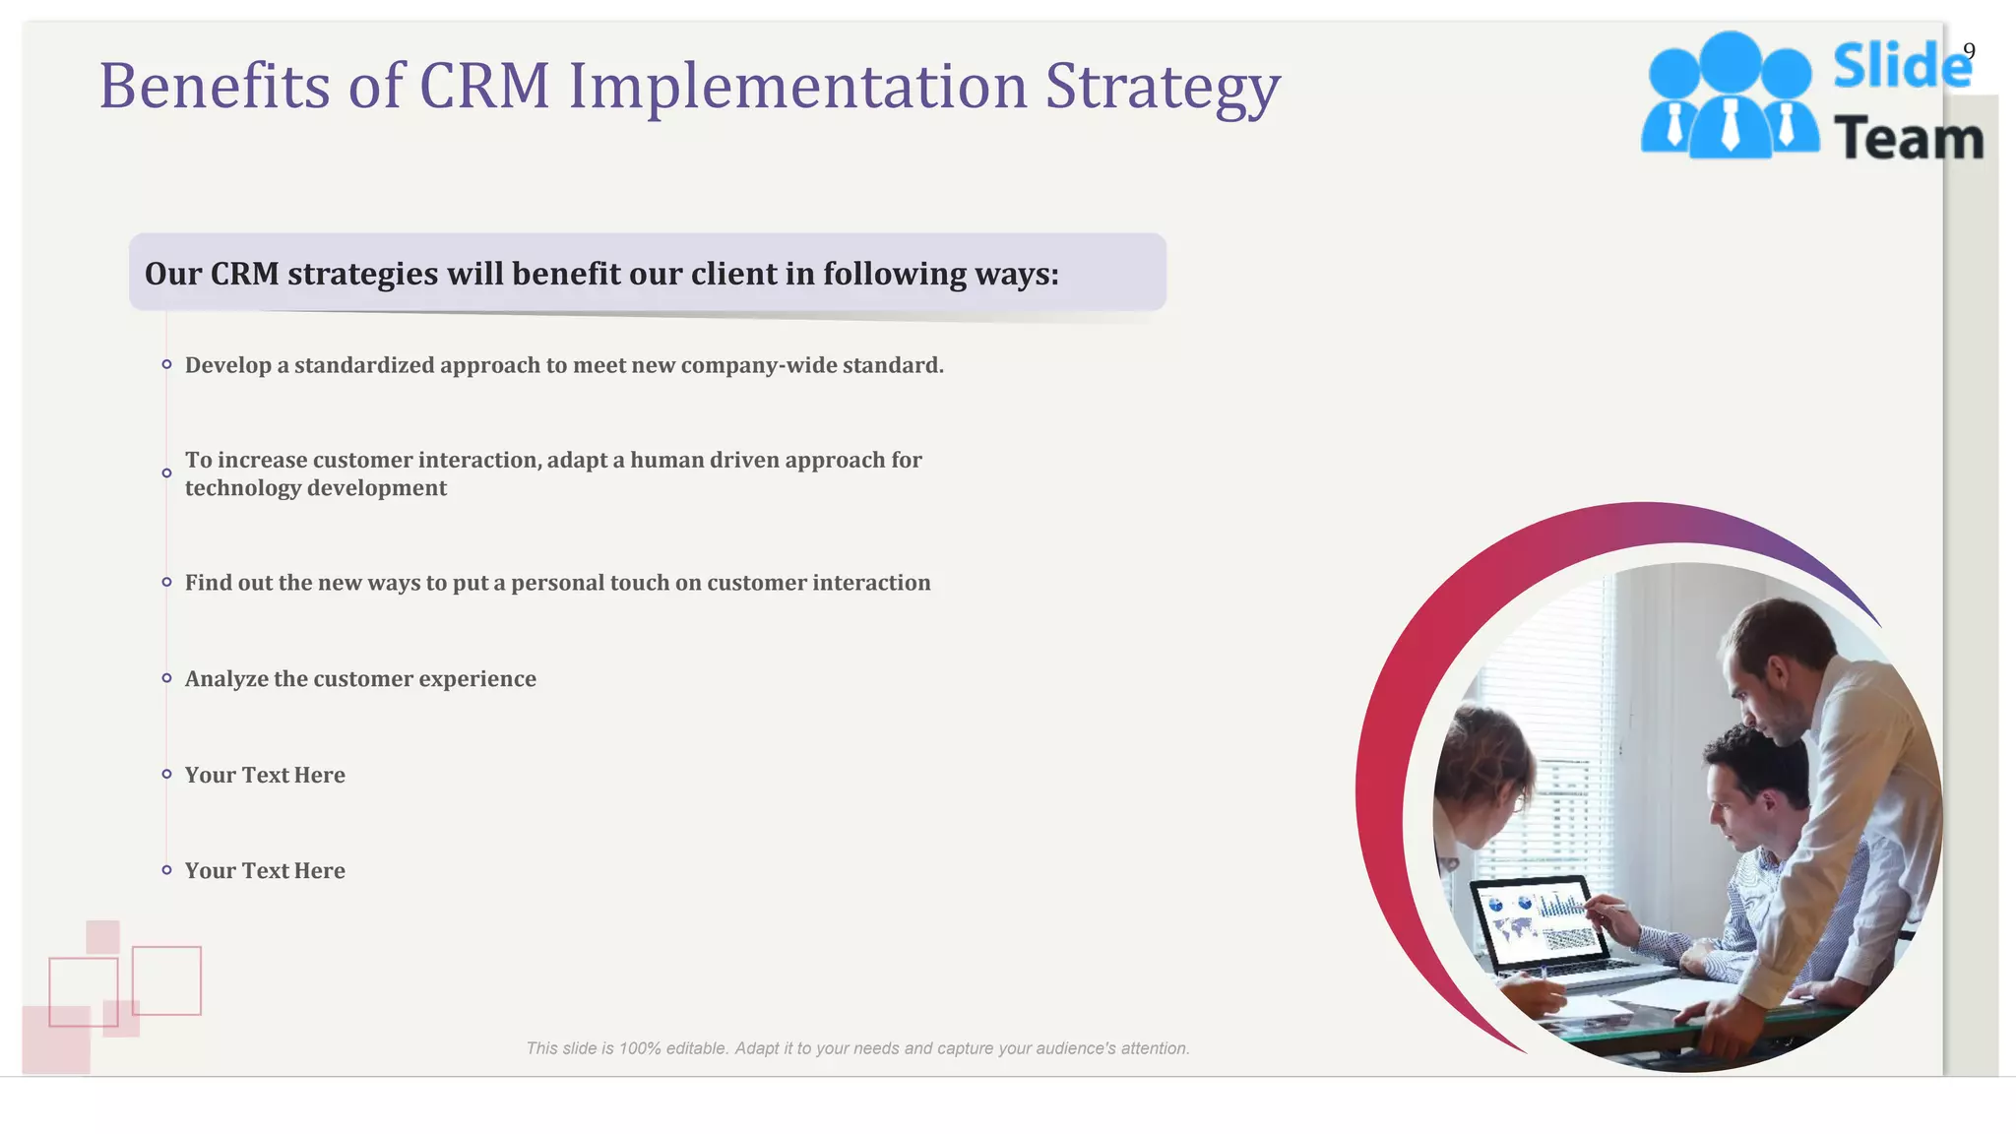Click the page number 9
[x=1968, y=51]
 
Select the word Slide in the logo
[x=1900, y=66]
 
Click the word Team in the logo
[x=1908, y=139]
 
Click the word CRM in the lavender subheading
[x=244, y=274]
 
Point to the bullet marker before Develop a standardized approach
[x=166, y=365]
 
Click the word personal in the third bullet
[x=556, y=583]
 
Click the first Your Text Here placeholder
[x=265, y=776]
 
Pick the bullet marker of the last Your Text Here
[x=166, y=870]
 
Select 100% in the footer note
[x=640, y=1048]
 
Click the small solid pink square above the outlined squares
[x=102, y=936]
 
